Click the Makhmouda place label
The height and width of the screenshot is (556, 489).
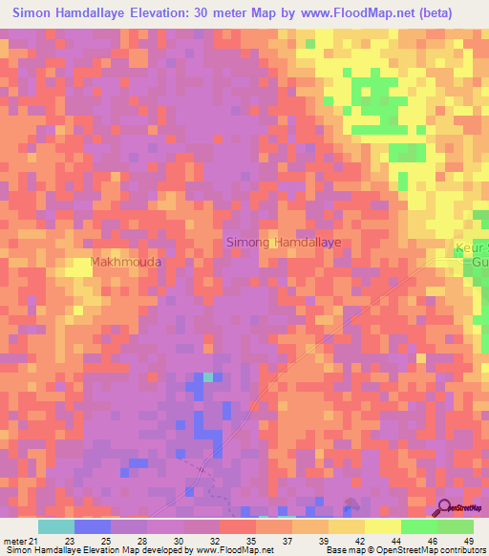tap(125, 261)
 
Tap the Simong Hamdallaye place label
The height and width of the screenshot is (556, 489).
tap(283, 243)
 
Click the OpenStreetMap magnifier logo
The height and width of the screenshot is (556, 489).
tap(446, 507)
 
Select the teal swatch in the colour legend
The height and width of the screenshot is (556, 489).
tap(56, 526)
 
